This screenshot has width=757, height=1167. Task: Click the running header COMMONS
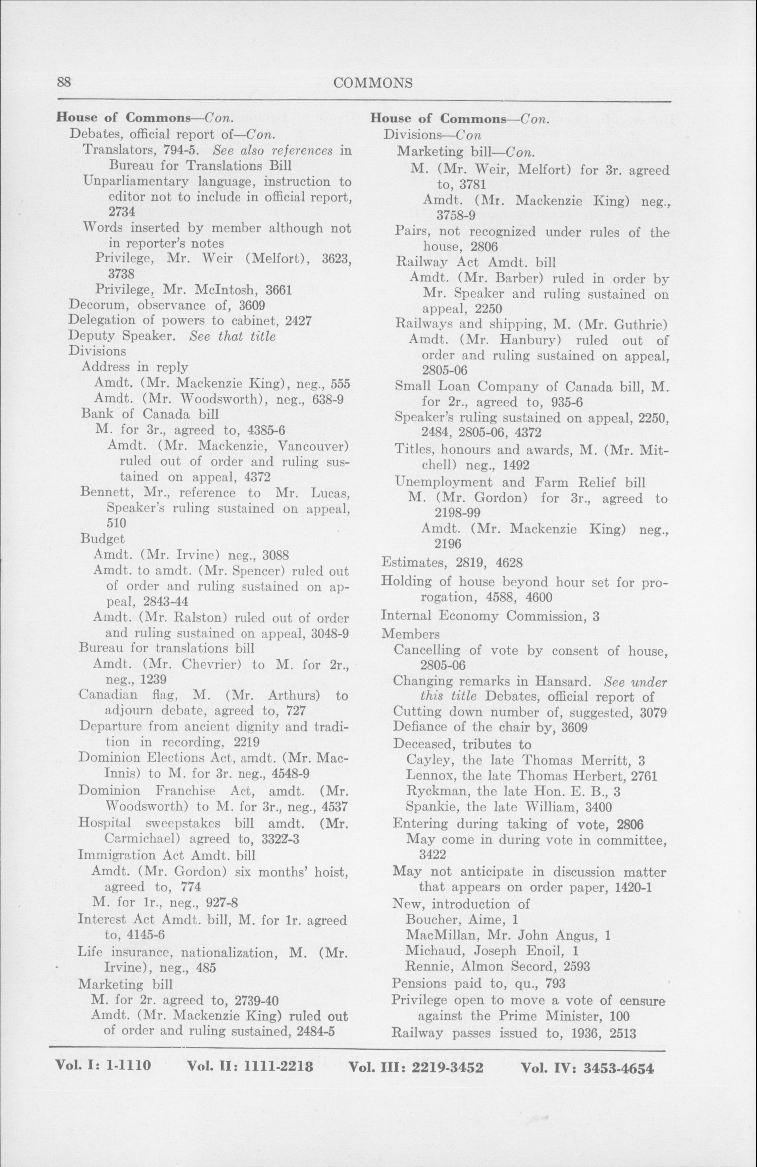tap(372, 83)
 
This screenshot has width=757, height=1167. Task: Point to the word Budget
tap(102, 538)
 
